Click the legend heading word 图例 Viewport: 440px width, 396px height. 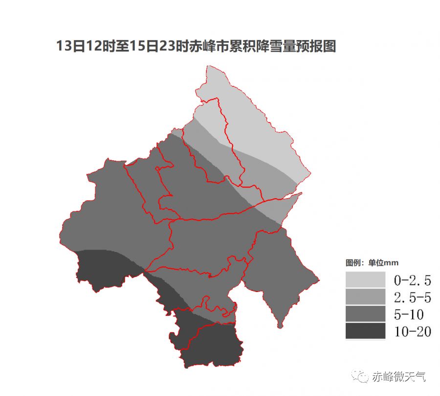(x=353, y=263)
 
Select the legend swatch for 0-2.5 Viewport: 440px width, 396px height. (x=365, y=280)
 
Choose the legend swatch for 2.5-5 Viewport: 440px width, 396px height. (x=365, y=297)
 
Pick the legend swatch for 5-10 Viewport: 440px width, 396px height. (x=365, y=314)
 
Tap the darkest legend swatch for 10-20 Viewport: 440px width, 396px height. (x=365, y=331)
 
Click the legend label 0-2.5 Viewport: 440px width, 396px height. (x=412, y=280)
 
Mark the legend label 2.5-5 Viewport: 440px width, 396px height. (x=412, y=297)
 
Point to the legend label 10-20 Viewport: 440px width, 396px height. (x=412, y=332)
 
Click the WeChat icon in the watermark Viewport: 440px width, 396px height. (x=362, y=376)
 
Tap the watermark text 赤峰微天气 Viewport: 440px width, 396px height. (x=398, y=376)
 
